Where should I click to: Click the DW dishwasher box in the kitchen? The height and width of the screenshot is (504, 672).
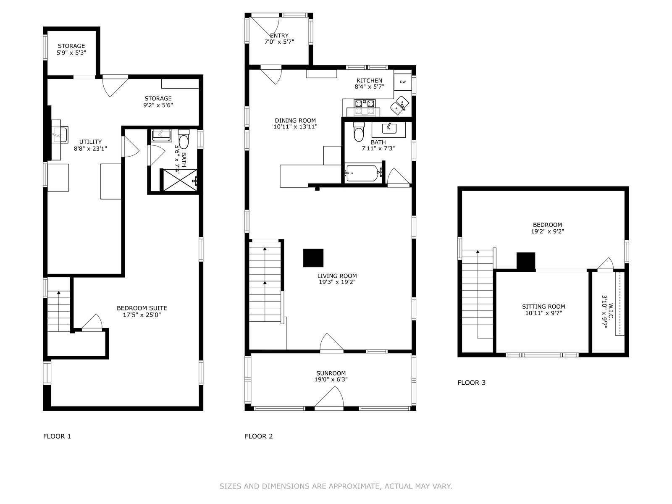(403, 82)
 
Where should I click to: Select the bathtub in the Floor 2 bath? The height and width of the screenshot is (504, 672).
(363, 173)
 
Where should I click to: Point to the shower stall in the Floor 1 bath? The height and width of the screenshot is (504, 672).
(181, 180)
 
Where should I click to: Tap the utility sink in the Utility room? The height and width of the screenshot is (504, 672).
(60, 135)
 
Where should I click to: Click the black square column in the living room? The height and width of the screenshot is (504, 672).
(313, 257)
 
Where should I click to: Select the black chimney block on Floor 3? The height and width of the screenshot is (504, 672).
(526, 261)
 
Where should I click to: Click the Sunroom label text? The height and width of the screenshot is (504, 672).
(331, 373)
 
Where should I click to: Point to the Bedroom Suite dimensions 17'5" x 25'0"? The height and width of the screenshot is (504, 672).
(142, 315)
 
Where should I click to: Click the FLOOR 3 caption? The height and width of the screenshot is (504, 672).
(472, 383)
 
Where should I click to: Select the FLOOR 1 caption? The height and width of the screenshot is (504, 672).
(57, 436)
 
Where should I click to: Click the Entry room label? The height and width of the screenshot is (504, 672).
(279, 36)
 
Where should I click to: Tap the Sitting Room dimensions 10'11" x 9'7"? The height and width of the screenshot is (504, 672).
(543, 313)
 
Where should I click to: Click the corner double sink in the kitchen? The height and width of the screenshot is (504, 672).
(399, 105)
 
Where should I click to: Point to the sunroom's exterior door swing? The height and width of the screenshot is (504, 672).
(329, 398)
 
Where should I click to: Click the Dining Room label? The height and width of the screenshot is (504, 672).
(295, 121)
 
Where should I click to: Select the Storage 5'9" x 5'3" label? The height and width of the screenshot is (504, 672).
(71, 49)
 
